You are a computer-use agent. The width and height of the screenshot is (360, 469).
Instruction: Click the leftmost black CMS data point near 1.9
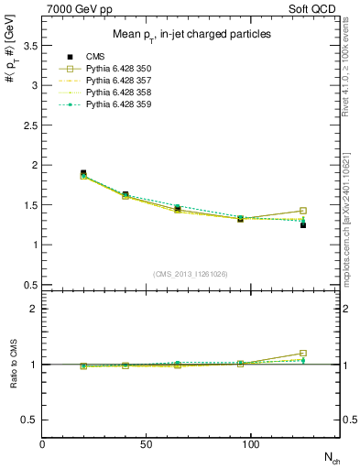pos(83,173)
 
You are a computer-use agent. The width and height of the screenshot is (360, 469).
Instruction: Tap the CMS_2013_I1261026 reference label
pos(191,274)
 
